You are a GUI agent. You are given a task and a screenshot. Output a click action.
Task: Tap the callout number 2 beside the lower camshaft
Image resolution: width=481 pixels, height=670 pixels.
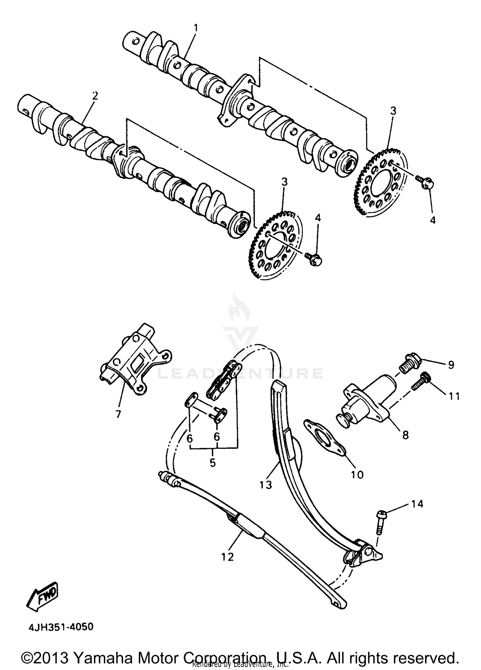click(x=95, y=95)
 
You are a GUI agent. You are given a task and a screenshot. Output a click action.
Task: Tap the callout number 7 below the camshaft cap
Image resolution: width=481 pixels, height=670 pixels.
click(x=118, y=414)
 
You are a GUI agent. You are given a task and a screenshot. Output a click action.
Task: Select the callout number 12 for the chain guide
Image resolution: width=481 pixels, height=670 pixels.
click(x=228, y=557)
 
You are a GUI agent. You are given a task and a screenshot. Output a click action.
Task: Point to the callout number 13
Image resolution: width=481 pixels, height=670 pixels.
click(x=266, y=485)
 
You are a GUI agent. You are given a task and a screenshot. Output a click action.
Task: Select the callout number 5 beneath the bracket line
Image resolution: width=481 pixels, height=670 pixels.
click(x=213, y=463)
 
